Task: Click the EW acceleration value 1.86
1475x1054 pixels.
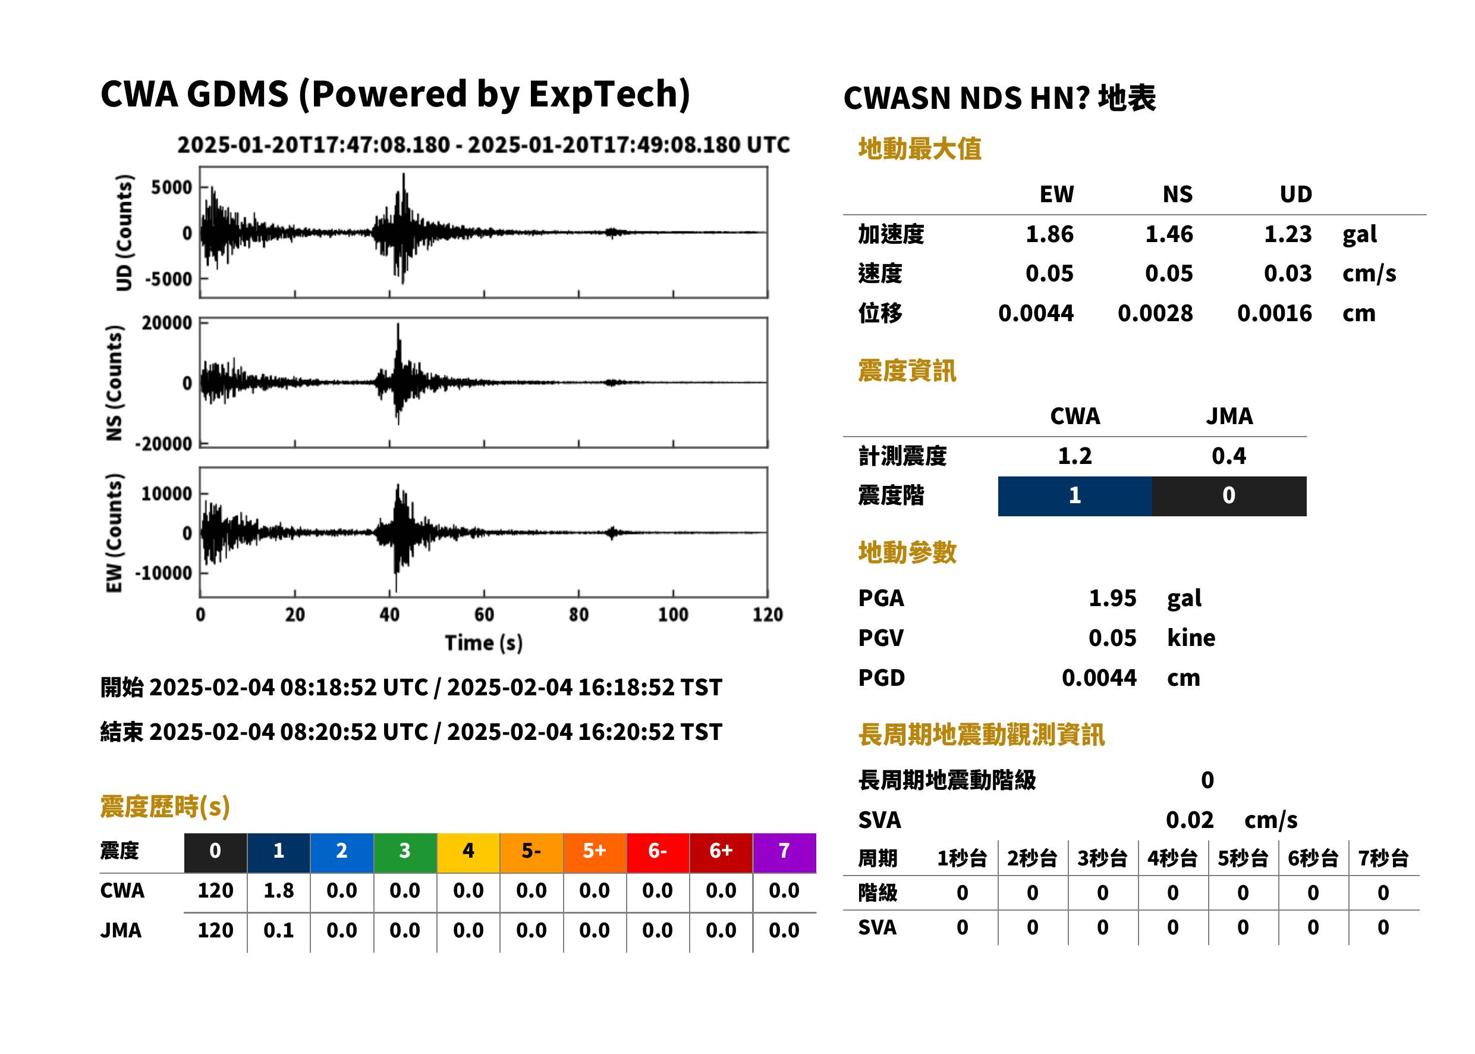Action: (1049, 234)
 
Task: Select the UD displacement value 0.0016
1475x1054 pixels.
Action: (1274, 313)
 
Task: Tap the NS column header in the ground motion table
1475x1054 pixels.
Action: (1177, 194)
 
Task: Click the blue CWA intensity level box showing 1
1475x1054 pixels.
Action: (1074, 496)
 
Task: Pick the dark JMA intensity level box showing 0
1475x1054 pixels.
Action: (1228, 496)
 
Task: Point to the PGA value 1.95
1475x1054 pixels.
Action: (1112, 598)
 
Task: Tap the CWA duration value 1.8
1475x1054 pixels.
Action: (278, 890)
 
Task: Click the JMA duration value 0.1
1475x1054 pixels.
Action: (278, 930)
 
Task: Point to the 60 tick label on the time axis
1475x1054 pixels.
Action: (484, 614)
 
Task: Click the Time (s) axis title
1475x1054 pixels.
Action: (483, 642)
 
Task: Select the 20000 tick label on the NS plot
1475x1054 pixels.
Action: (166, 322)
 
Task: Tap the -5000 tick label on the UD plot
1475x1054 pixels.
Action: (169, 279)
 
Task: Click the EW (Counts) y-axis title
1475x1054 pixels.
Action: (114, 533)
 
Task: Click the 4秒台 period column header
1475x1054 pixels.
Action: (1172, 858)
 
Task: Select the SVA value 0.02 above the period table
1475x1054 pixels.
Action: (1189, 820)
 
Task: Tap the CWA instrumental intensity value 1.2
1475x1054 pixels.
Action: (1074, 456)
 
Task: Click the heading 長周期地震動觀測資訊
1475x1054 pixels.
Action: (981, 735)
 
